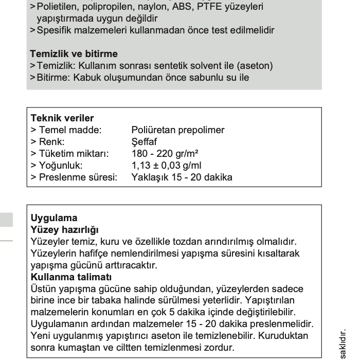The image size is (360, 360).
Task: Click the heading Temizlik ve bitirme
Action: pos(74,53)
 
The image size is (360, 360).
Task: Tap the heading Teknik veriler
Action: pos(62,118)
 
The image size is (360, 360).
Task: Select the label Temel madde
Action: pos(69,130)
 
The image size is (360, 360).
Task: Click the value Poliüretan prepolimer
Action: pos(178,130)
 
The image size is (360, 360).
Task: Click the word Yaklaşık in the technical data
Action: pos(150,177)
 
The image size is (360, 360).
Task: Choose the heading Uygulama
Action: pos(54,218)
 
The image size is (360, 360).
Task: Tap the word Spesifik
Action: pos(55,30)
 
